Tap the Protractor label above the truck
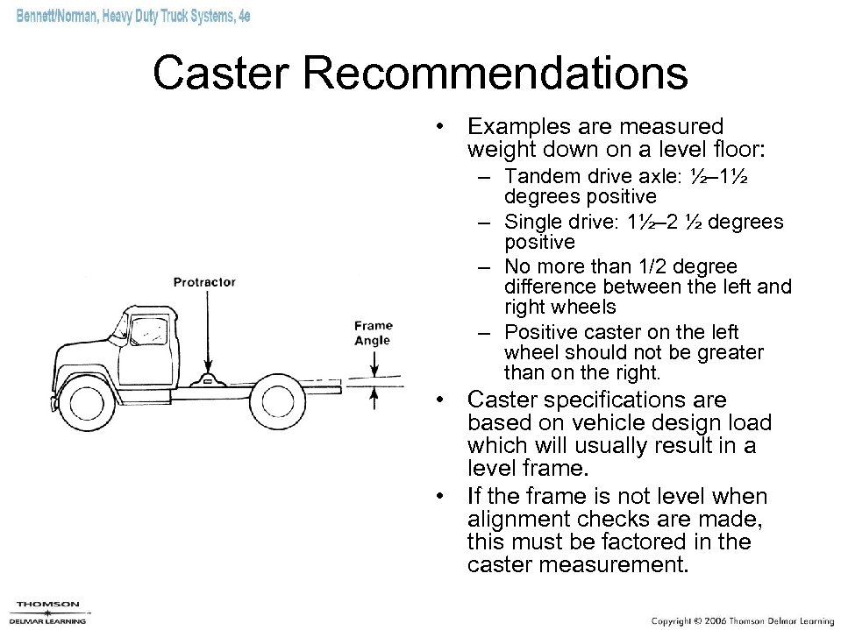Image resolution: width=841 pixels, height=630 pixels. tap(204, 282)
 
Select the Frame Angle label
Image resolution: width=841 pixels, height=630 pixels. tap(373, 333)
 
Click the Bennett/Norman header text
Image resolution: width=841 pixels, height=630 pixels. tap(132, 19)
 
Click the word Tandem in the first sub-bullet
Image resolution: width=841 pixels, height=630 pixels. tap(538, 174)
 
